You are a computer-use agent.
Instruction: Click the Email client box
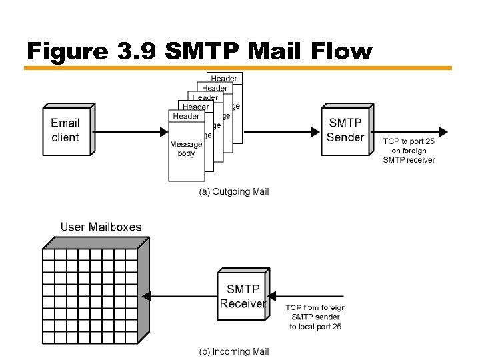(65, 130)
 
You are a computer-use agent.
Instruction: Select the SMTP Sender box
(345, 130)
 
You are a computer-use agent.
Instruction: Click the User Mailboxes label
(101, 227)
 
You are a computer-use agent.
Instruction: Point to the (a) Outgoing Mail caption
(234, 191)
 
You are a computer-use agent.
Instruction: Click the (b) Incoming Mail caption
(234, 351)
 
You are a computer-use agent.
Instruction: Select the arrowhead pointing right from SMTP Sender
(442, 131)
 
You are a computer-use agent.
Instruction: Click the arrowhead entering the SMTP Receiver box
(272, 296)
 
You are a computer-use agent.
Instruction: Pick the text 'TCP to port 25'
(409, 141)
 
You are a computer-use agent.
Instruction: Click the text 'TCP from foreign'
(315, 307)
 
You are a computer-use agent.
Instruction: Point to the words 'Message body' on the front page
(186, 149)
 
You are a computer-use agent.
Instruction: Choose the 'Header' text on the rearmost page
(224, 79)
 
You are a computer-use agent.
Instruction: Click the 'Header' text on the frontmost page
(186, 117)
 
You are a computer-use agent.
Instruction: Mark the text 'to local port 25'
(315, 327)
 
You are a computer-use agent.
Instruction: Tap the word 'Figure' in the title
(67, 51)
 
